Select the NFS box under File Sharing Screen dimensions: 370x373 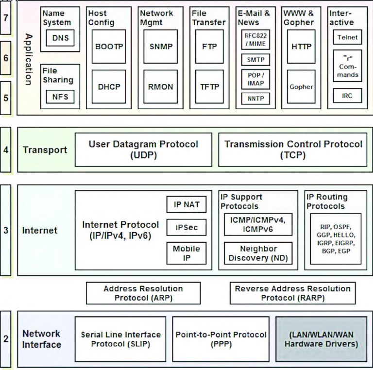61,97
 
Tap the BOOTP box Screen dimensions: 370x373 109,47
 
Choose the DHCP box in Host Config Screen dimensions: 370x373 109,87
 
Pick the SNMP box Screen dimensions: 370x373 160,47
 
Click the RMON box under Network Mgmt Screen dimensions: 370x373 160,87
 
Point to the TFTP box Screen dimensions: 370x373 210,87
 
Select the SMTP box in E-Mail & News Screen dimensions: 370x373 256,60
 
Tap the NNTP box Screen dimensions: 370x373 256,99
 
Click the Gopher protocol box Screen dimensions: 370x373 301,87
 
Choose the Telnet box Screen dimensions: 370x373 347,37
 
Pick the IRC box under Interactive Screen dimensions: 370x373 347,96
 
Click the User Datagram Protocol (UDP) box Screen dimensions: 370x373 143,149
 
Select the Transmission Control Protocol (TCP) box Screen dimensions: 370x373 293,149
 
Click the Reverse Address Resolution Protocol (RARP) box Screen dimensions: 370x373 292,293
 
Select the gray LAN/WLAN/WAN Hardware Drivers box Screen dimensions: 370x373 321,339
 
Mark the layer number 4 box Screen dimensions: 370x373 6,150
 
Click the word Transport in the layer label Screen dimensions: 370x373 45,150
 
